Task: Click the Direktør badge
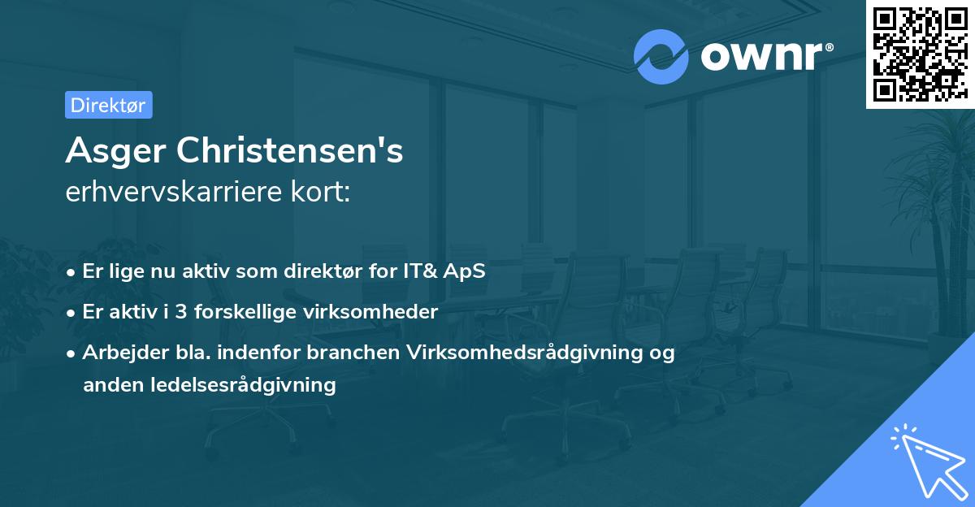[x=108, y=105]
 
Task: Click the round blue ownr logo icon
[x=661, y=57]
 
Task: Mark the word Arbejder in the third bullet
[x=118, y=353]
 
